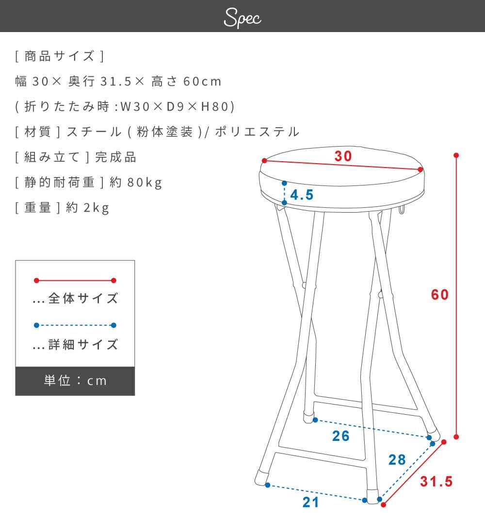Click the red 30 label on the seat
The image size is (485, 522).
343,156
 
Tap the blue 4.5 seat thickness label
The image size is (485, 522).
302,195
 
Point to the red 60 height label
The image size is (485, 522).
440,295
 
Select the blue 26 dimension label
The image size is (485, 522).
341,436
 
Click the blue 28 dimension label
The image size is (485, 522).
397,460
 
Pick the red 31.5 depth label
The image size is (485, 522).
436,481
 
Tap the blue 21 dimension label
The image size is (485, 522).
311,503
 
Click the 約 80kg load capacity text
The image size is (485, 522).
136,183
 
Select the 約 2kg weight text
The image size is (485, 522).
87,208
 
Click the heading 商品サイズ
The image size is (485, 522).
60,56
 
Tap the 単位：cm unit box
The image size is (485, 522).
75,381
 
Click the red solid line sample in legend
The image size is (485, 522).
75,280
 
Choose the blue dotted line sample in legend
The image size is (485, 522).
75,325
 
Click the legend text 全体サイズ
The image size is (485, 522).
83,298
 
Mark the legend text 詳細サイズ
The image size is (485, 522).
83,344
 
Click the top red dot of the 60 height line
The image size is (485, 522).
456,155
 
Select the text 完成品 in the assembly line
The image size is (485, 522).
116,157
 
